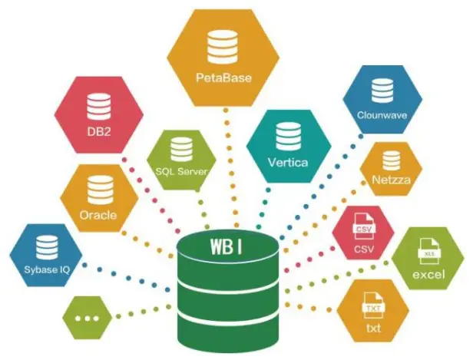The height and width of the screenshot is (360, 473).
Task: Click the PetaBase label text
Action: pos(223,78)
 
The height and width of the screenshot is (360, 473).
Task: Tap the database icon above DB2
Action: pos(98,107)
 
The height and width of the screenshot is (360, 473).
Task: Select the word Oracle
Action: pos(98,215)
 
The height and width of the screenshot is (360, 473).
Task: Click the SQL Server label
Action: pos(181,172)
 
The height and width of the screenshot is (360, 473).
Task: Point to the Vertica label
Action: pos(288,163)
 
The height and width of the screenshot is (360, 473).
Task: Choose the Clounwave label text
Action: pos(382,115)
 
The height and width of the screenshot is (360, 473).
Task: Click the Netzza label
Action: pos(392,180)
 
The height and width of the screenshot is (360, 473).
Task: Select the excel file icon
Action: pos(428,253)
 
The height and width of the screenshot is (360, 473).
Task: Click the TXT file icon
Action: pos(373,306)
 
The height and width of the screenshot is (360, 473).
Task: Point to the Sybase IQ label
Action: pos(47,269)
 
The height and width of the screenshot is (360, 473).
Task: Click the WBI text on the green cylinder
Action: pos(227,246)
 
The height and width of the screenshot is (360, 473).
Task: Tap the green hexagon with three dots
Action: pos(88,318)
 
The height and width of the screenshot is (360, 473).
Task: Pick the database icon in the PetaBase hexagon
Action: pos(223,47)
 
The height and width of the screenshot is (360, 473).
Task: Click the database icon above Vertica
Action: pos(289,137)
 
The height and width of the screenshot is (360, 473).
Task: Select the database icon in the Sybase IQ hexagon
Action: pos(47,247)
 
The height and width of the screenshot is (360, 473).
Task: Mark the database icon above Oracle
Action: pos(100,190)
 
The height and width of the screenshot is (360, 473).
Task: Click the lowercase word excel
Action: pos(428,274)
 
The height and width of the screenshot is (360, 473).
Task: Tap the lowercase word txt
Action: pos(373,328)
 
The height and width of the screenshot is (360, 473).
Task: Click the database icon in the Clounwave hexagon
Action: pos(382,91)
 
